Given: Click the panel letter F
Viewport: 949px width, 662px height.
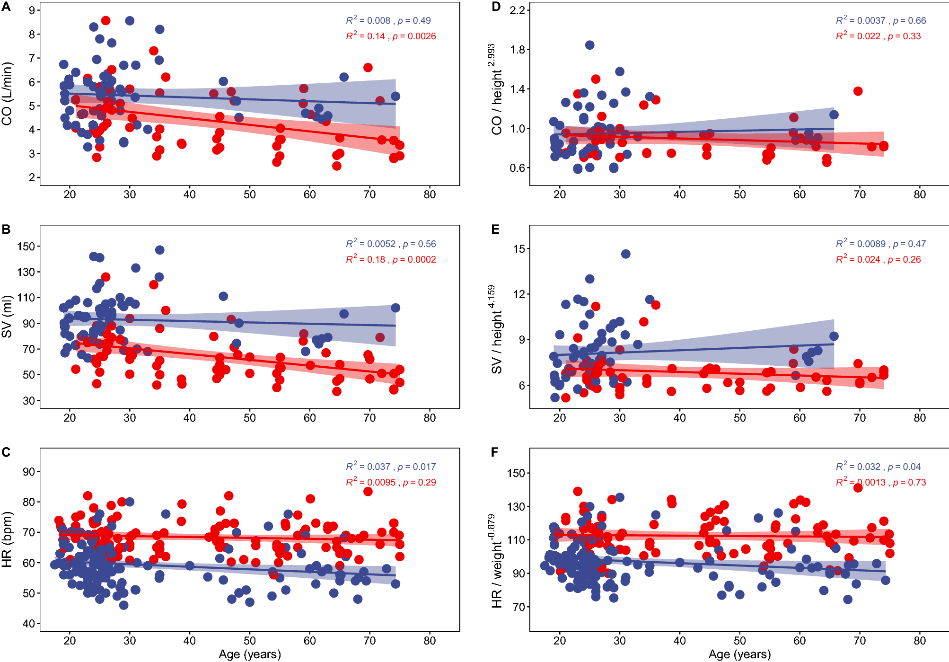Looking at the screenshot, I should (x=495, y=452).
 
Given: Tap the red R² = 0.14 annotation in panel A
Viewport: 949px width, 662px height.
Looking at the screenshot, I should (x=391, y=36).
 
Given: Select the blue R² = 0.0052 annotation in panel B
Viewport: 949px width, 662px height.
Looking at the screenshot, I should (x=391, y=244).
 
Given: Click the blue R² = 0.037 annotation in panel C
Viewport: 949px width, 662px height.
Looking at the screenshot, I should (x=391, y=467).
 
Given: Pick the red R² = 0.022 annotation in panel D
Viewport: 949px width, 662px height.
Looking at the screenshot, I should (x=878, y=36).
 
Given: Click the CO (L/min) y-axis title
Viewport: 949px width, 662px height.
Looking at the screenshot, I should (x=7, y=94).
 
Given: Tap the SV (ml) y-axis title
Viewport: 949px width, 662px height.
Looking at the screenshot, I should (x=7, y=317).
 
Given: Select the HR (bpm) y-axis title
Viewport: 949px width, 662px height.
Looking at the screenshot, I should (x=7, y=539).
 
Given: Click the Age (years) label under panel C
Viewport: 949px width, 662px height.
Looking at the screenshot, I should (x=250, y=654).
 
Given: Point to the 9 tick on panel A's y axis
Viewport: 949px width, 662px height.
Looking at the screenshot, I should (x=32, y=10).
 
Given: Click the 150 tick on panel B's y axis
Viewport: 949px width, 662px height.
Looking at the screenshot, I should (x=26, y=247).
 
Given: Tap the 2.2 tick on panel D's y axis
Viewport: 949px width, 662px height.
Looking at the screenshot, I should (x=517, y=10).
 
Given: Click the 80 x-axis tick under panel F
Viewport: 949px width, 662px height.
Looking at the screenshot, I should (x=920, y=641).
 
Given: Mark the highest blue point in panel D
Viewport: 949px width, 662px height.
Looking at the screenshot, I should (x=589, y=45).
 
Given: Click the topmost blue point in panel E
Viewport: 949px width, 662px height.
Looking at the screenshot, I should (x=625, y=254).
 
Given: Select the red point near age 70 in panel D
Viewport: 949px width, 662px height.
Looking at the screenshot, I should (x=858, y=91).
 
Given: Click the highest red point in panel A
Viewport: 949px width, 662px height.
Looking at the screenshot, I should (x=105, y=20).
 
